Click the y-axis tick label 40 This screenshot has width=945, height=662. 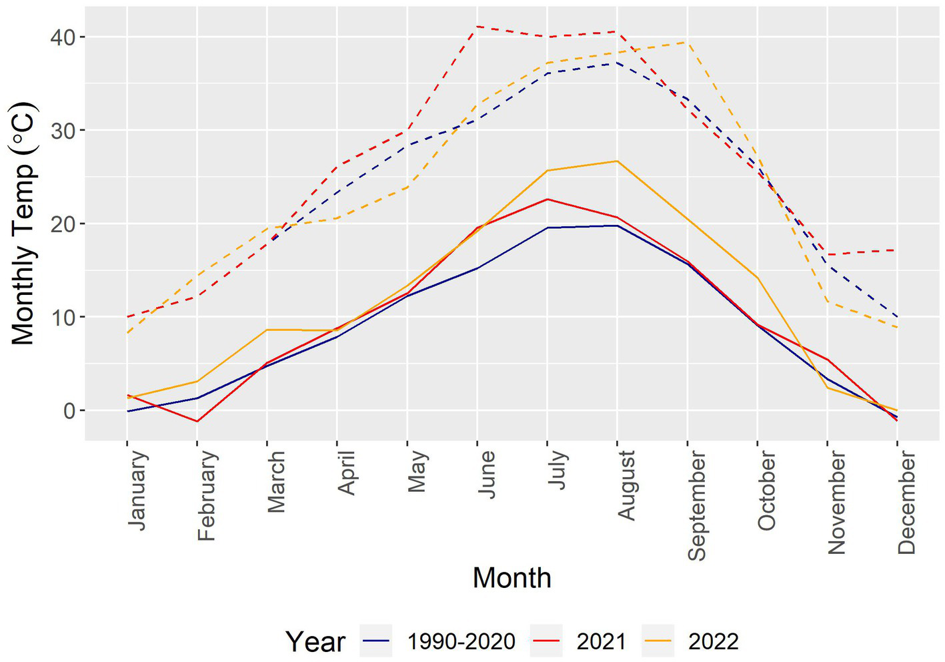pos(63,37)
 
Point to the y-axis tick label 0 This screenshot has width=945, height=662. pos(69,410)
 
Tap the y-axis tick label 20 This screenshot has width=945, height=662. pos(63,224)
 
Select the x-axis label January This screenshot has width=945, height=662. pos(137,490)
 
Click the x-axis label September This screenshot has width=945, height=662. pos(696,505)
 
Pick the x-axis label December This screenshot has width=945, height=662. pos(906,502)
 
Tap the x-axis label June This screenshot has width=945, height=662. pos(486,474)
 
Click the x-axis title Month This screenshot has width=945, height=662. pos(512,578)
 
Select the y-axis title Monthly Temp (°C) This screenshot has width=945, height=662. pos(23,224)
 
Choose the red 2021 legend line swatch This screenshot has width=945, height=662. pos(546,641)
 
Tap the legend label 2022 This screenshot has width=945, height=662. pos(713,641)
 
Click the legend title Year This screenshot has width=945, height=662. pos(315,642)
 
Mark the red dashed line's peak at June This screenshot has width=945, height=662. pos(477,27)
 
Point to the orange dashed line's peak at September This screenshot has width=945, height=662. pos(687,42)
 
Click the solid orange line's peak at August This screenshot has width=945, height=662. pos(617,161)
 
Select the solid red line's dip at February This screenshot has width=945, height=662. pos(197,421)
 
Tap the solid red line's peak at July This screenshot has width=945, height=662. pos(547,199)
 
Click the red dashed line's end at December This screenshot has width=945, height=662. pos(897,250)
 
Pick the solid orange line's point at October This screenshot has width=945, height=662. pos(757,278)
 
